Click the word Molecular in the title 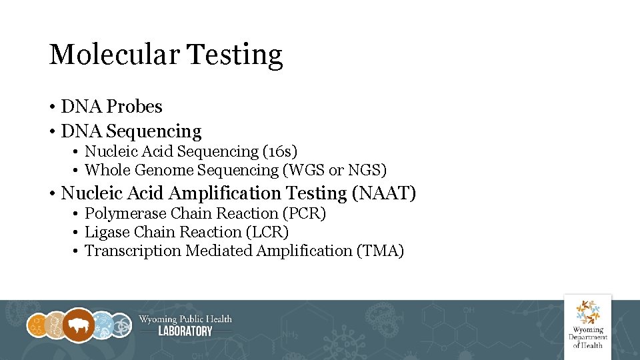coord(113,55)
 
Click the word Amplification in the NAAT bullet coord(225,193)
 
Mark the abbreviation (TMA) coord(381,251)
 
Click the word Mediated coord(219,251)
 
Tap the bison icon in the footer coord(79,325)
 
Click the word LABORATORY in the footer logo coord(185,331)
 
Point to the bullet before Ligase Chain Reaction coord(77,233)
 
